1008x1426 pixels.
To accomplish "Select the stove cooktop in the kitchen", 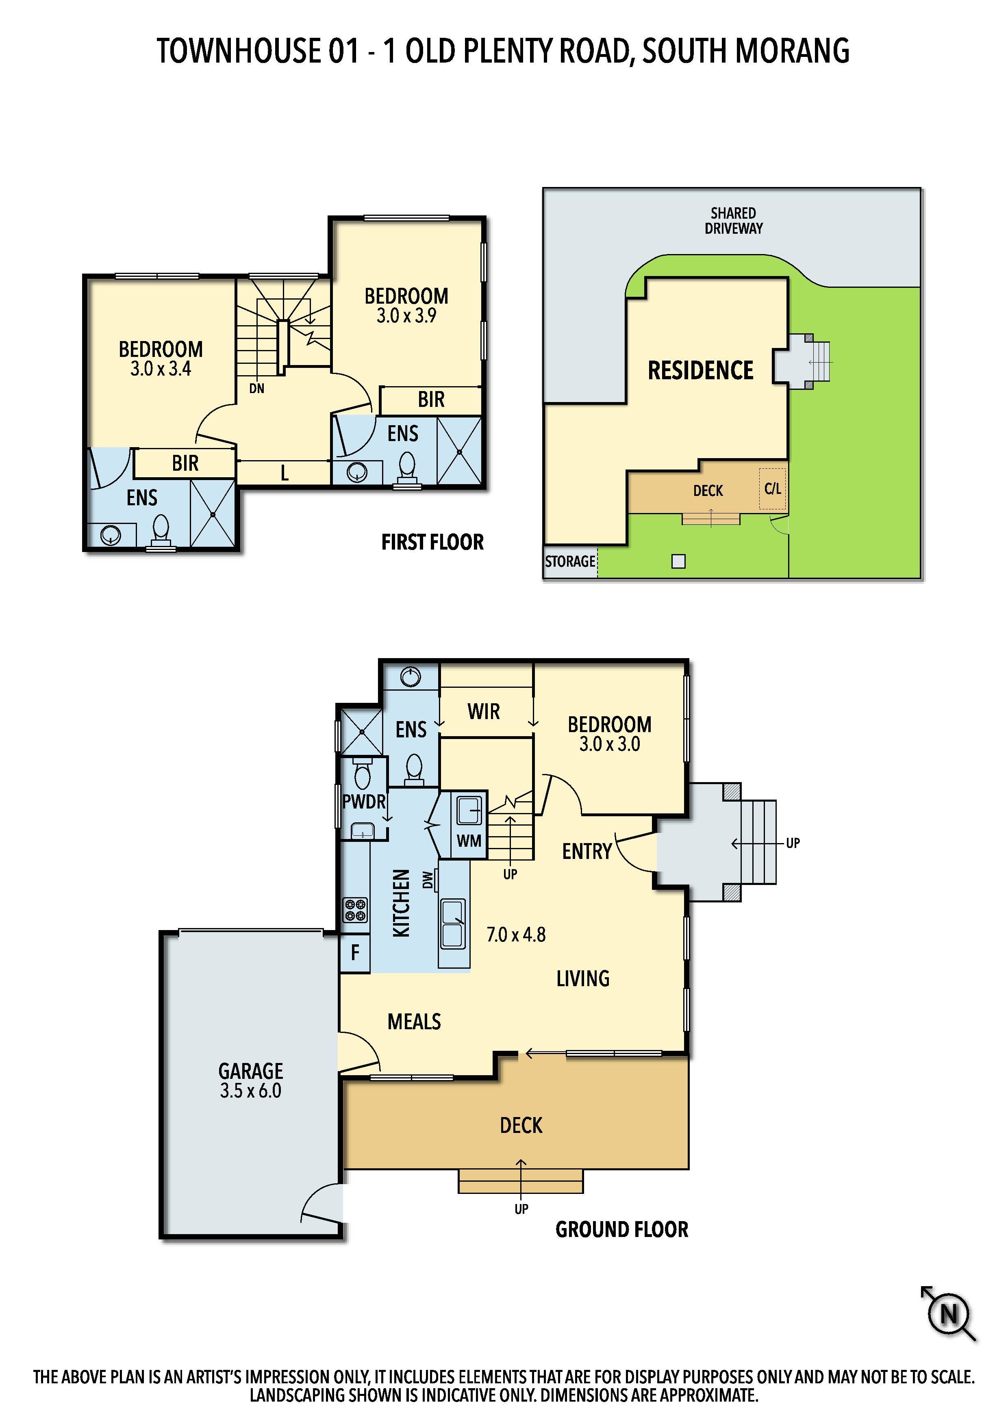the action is pos(355,910).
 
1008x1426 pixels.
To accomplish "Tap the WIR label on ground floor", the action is pos(484,711).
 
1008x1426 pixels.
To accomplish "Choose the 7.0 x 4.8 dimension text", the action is pos(516,934).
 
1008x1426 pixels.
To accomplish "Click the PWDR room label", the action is pos(364,802).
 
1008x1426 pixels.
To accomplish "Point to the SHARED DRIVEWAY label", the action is pos(734,220).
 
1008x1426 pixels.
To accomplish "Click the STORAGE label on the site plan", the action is pos(570,561).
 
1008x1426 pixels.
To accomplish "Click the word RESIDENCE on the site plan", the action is pos(701,370).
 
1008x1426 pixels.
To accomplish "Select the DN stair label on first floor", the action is pos(256,389).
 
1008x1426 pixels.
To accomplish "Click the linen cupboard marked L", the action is pos(284,473).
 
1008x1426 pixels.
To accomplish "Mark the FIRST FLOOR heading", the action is pos(432,542).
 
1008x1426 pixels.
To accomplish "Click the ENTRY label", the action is pos(587,851).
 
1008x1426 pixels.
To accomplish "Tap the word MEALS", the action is pos(414,1022).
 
